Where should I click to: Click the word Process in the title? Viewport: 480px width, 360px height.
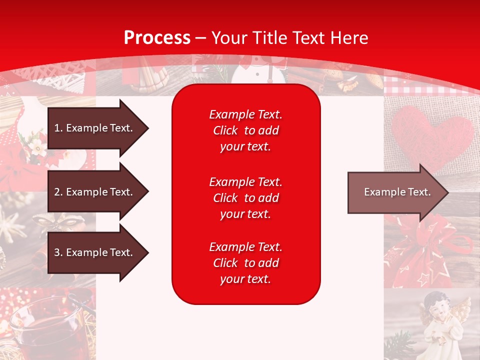click(157, 38)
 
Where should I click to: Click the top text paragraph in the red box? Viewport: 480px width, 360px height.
click(245, 130)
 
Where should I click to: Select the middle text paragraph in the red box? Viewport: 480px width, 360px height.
click(245, 198)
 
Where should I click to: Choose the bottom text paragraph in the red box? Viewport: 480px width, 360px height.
click(245, 263)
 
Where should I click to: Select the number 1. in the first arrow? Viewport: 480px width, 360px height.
click(58, 128)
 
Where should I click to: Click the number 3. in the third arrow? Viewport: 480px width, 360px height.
click(58, 252)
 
